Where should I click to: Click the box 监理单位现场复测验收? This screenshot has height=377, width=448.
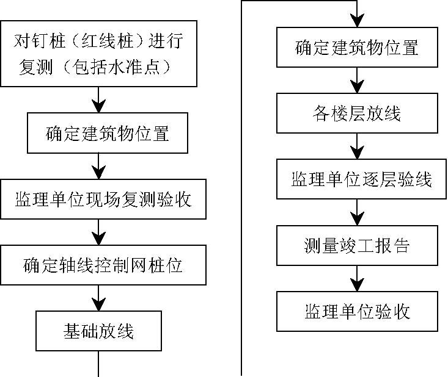coord(103,199)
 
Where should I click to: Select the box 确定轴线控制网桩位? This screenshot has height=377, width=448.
coord(103,265)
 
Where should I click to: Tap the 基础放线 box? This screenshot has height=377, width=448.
coord(98,331)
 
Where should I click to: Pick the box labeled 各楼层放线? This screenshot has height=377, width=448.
coord(357,113)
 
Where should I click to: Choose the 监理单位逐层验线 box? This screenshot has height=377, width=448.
coord(361,179)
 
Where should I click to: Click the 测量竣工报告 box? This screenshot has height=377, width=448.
coord(357,245)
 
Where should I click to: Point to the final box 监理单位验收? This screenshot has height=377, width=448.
coord(357,311)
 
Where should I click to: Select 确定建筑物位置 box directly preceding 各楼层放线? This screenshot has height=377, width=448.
coord(357,48)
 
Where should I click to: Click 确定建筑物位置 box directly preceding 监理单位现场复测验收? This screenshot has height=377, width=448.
coord(108,133)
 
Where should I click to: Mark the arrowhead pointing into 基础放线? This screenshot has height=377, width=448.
coord(98,304)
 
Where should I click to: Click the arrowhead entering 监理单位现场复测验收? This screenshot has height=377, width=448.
coord(98,173)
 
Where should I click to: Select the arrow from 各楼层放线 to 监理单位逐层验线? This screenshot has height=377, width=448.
coord(357,146)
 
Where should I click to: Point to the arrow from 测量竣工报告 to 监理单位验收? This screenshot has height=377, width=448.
coord(357,278)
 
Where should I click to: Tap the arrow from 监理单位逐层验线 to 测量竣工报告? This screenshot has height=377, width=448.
coord(357,212)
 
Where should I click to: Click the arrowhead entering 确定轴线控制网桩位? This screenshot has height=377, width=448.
coord(98,239)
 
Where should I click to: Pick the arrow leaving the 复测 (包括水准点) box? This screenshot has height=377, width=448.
coord(98,100)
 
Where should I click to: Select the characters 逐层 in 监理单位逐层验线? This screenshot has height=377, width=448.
coord(379,179)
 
